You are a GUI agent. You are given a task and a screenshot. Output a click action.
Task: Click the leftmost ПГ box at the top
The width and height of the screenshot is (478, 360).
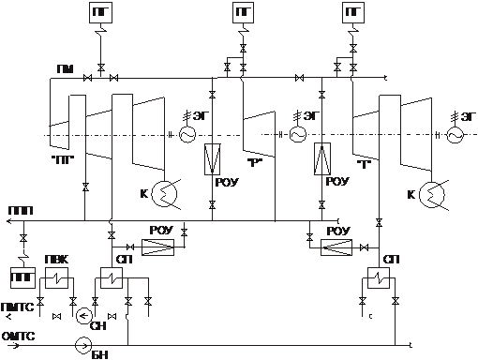(100, 12)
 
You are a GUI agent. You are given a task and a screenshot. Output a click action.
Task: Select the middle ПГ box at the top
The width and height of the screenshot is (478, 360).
(243, 12)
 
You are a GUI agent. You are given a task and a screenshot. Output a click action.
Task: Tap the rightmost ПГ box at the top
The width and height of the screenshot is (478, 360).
(353, 12)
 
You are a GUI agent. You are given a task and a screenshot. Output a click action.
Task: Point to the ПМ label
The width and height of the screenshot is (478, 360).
(66, 69)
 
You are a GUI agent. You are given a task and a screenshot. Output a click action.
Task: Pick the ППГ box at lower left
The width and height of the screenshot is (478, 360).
(22, 277)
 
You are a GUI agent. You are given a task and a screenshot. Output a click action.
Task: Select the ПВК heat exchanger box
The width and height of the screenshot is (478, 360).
(56, 277)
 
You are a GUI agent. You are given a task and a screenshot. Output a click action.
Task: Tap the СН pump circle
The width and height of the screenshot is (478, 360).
(84, 316)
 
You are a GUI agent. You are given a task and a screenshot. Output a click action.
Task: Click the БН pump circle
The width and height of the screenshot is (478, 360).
(83, 346)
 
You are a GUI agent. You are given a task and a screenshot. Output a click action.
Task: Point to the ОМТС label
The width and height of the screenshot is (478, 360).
(18, 337)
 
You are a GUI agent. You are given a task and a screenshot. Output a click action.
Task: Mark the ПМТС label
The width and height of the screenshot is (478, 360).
(17, 307)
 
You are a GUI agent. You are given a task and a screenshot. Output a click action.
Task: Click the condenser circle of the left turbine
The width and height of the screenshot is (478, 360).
(164, 194)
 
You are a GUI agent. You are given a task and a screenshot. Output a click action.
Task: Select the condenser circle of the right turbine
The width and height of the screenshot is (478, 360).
(432, 194)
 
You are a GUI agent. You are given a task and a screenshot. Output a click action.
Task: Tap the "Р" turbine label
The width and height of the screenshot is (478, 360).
(253, 163)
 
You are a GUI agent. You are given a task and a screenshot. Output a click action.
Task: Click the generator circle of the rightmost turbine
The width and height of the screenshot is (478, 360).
(456, 135)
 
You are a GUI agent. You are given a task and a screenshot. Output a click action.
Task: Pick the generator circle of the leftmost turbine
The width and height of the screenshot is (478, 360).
(187, 135)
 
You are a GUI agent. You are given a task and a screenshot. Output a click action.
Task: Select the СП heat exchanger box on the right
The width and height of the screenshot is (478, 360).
(379, 277)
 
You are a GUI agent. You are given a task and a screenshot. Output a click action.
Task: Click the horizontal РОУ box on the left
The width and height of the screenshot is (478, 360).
(157, 247)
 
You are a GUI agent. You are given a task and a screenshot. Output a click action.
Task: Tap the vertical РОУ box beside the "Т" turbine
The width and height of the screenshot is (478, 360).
(322, 159)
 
